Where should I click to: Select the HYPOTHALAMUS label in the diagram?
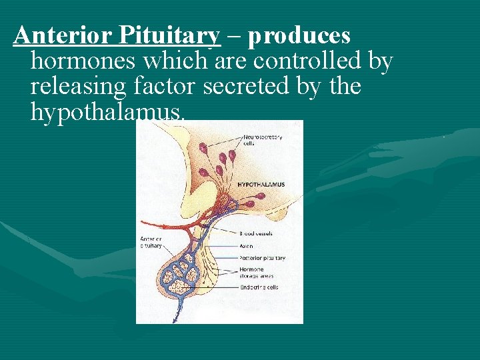tap(261, 185)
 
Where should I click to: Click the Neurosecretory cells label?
tap(262, 141)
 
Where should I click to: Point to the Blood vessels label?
tap(256, 234)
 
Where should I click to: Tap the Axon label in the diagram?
tap(245, 245)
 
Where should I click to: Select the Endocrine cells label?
tap(259, 287)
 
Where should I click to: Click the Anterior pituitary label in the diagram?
tap(150, 242)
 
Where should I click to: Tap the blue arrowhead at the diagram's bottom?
tap(174, 320)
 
